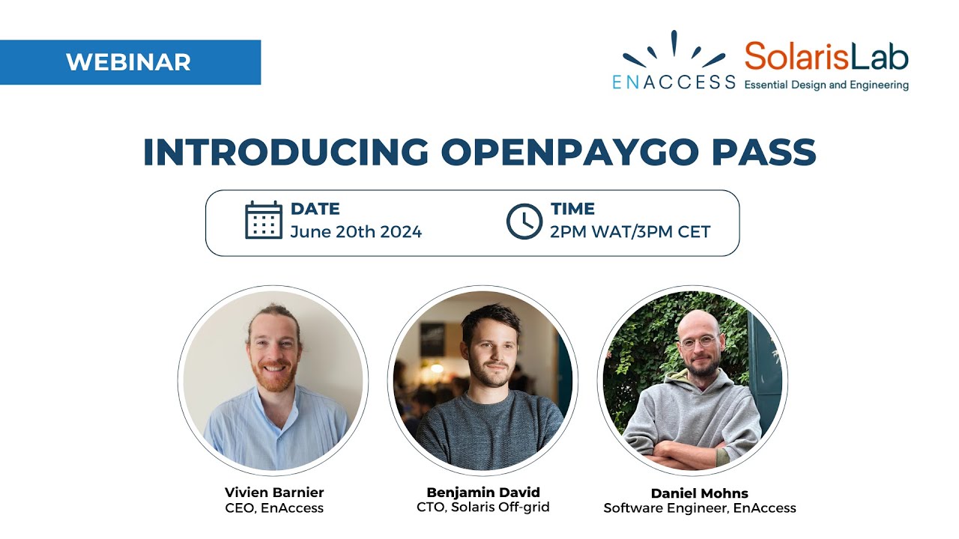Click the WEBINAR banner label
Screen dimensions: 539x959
tap(128, 62)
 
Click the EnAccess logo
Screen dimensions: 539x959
tap(674, 63)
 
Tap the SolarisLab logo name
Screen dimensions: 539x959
tap(826, 58)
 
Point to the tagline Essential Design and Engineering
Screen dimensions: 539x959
tap(826, 85)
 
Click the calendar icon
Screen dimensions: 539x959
tap(264, 220)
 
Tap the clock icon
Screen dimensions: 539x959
tap(524, 221)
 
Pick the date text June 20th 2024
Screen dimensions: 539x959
tap(356, 232)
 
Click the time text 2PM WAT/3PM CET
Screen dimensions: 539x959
tap(630, 232)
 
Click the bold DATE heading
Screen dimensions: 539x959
tap(315, 209)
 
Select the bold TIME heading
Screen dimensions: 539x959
tap(572, 209)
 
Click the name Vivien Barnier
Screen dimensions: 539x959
tap(274, 493)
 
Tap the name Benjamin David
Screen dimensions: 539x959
tap(483, 493)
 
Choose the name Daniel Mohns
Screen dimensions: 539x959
tap(700, 493)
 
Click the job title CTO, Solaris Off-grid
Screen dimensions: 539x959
tap(483, 508)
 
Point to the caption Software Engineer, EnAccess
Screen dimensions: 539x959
tap(700, 508)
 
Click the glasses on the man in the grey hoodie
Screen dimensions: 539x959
tap(696, 343)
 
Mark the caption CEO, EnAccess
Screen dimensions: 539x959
tap(274, 508)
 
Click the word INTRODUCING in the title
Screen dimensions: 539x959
tap(285, 153)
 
